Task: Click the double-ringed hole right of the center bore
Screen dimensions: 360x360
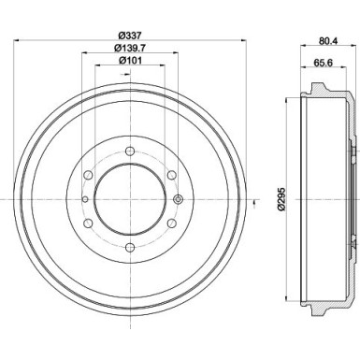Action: tap(177, 198)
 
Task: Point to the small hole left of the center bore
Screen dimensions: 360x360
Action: tap(84, 198)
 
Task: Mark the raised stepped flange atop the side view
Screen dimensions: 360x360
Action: tap(322, 92)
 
